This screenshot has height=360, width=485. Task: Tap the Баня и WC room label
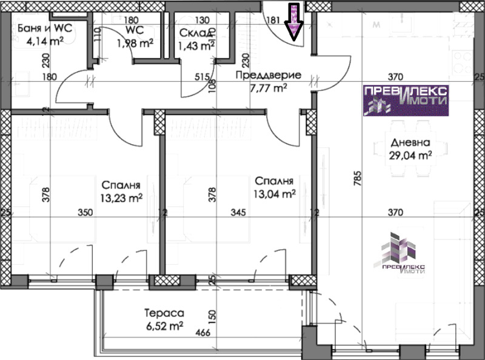point(45,28)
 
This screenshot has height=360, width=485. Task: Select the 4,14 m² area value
point(45,41)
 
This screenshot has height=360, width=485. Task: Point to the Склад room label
point(195,33)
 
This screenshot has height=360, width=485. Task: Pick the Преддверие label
point(269,75)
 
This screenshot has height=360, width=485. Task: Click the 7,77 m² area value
point(269,88)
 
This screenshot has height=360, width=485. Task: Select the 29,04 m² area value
point(410,155)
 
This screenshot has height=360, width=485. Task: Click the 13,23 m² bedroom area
point(121,198)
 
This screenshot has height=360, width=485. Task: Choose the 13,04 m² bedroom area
point(275,194)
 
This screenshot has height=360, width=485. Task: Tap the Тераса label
point(164,313)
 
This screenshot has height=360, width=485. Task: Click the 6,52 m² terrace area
point(165,326)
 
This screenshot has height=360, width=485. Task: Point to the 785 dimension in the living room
point(358,179)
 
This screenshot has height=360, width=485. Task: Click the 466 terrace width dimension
point(203,333)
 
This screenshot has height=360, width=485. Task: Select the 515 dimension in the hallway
point(202,77)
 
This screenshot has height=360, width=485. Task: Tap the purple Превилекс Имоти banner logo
point(406,101)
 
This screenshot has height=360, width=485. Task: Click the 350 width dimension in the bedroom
point(85,213)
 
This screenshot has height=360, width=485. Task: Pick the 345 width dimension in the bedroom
point(238,213)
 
